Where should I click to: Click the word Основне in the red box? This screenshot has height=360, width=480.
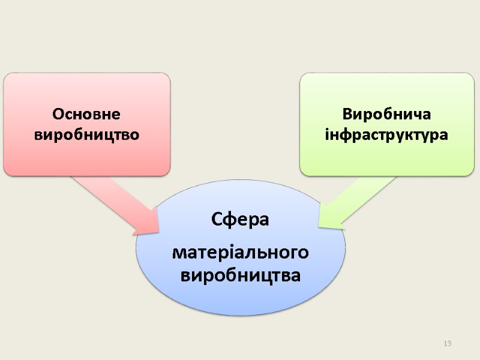pos(86,114)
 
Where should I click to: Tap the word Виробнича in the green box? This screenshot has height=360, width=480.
pos(386,114)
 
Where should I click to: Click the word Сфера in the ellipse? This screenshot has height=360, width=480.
pos(240,221)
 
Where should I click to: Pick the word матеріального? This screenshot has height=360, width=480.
pos(240,253)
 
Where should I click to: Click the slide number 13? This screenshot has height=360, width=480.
pos(447,343)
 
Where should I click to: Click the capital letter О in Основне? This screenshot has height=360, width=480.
pos(58,114)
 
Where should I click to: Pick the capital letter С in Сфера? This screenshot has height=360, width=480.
pos(217,221)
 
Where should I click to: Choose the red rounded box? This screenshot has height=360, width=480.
pos(86,90)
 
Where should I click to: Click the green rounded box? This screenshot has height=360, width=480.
pos(386,90)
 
